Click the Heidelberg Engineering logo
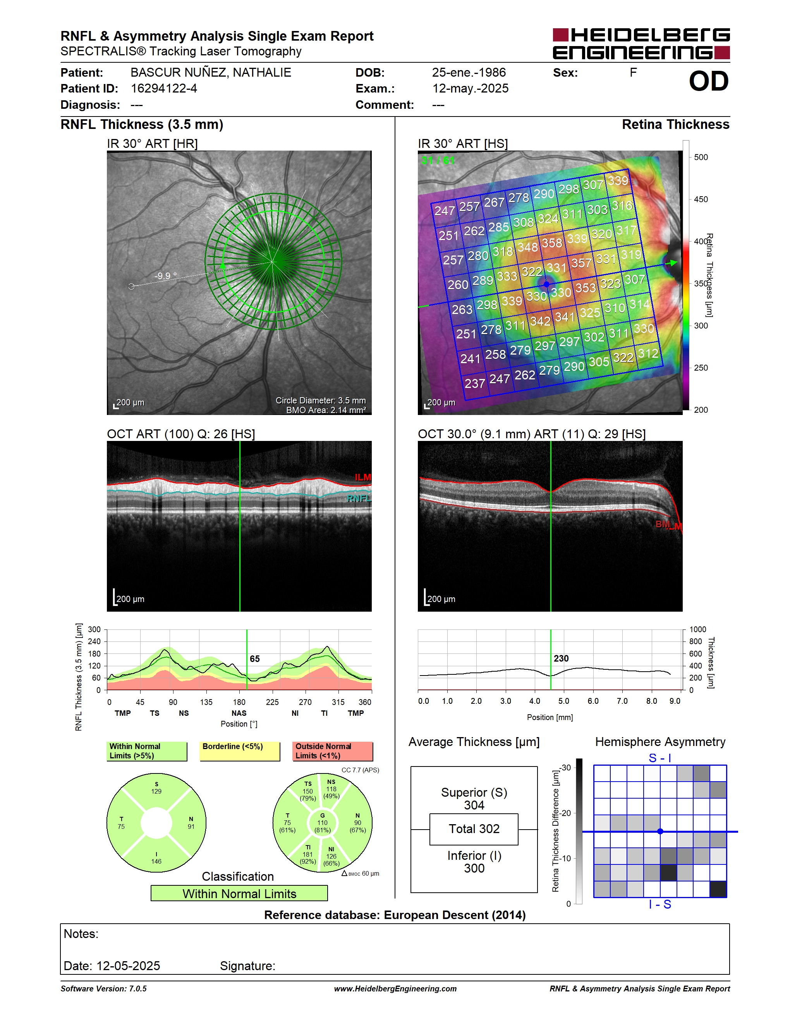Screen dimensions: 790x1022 (x=641, y=43)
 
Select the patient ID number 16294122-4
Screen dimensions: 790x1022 (x=164, y=88)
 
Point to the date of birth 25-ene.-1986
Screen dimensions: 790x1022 (x=469, y=72)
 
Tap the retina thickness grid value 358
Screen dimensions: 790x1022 (x=552, y=243)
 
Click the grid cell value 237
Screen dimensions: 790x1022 (x=474, y=384)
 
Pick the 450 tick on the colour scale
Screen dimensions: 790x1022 (x=701, y=199)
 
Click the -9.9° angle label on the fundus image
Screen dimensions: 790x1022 (x=166, y=276)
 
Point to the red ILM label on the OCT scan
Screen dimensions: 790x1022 (x=363, y=477)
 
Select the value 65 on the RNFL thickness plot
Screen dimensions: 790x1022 (x=254, y=659)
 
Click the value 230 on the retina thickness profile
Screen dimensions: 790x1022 (x=561, y=658)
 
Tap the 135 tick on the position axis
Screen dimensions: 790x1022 (x=206, y=702)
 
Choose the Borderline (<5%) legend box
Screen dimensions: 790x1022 (x=240, y=751)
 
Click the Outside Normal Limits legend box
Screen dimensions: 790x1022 (x=333, y=751)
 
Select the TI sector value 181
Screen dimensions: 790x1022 (x=307, y=854)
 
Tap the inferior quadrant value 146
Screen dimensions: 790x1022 (x=156, y=861)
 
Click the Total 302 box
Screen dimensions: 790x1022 (x=474, y=829)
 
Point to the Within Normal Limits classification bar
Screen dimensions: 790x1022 (x=239, y=893)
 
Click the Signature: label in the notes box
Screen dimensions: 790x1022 (x=247, y=966)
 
